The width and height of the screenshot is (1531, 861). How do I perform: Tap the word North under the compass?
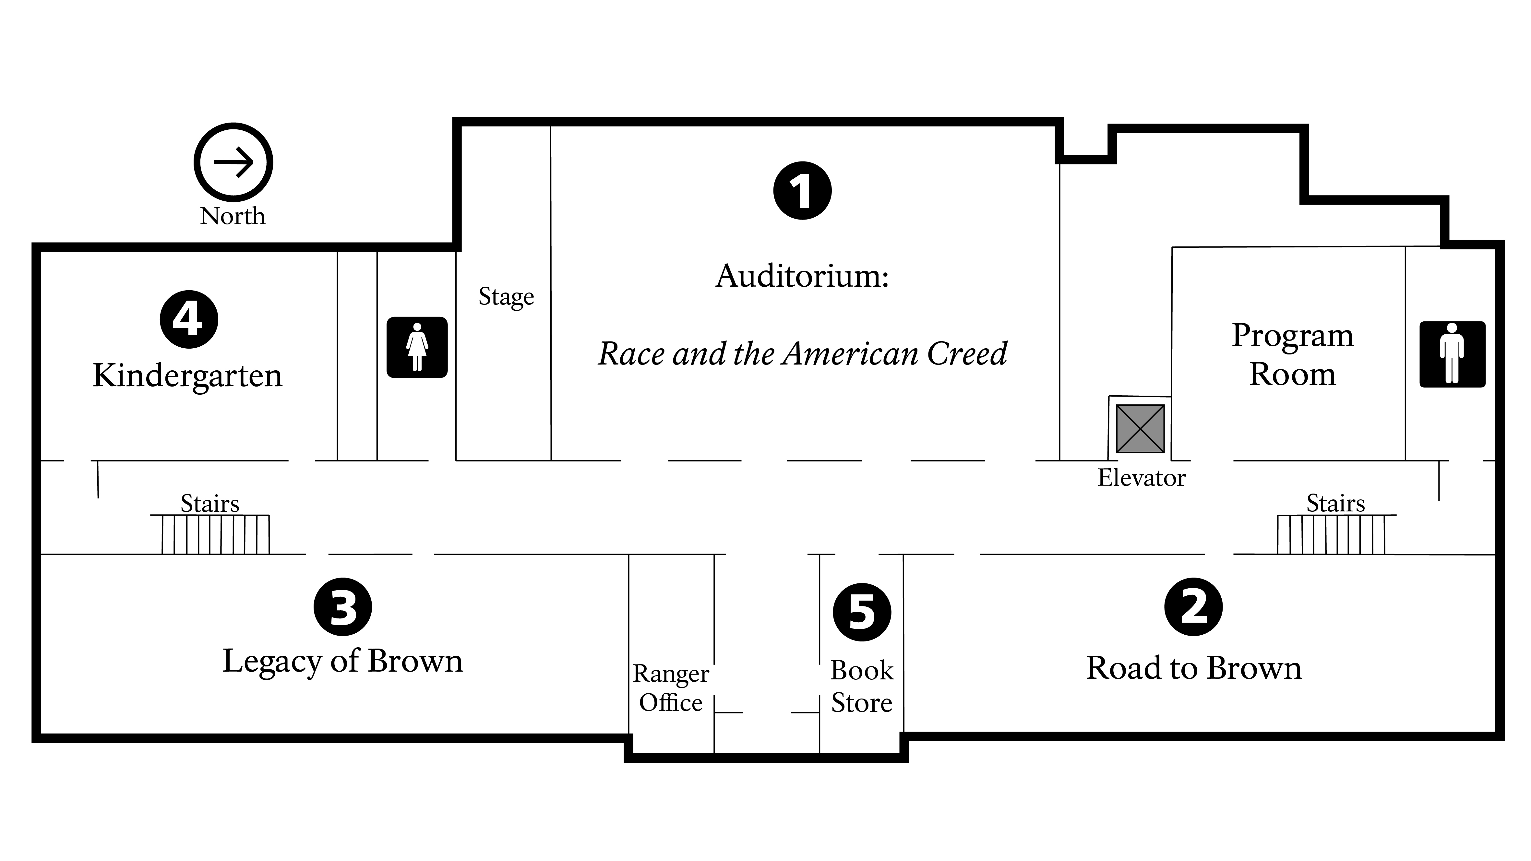click(x=233, y=216)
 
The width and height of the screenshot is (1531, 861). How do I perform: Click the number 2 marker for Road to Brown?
click(x=1193, y=607)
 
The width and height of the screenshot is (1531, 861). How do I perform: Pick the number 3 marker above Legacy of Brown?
click(x=342, y=607)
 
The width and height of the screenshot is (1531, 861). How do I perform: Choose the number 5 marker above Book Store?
click(x=862, y=612)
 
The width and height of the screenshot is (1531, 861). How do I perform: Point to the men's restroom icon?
click(x=1452, y=354)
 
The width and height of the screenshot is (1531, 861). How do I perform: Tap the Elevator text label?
click(x=1141, y=478)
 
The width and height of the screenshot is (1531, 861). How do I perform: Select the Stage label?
click(x=506, y=296)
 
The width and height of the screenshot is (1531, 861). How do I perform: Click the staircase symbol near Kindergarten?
click(x=216, y=534)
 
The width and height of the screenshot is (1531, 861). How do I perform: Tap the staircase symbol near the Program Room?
click(x=1331, y=534)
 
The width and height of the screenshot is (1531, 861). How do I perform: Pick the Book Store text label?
click(x=862, y=687)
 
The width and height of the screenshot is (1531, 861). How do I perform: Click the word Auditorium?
click(x=802, y=276)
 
